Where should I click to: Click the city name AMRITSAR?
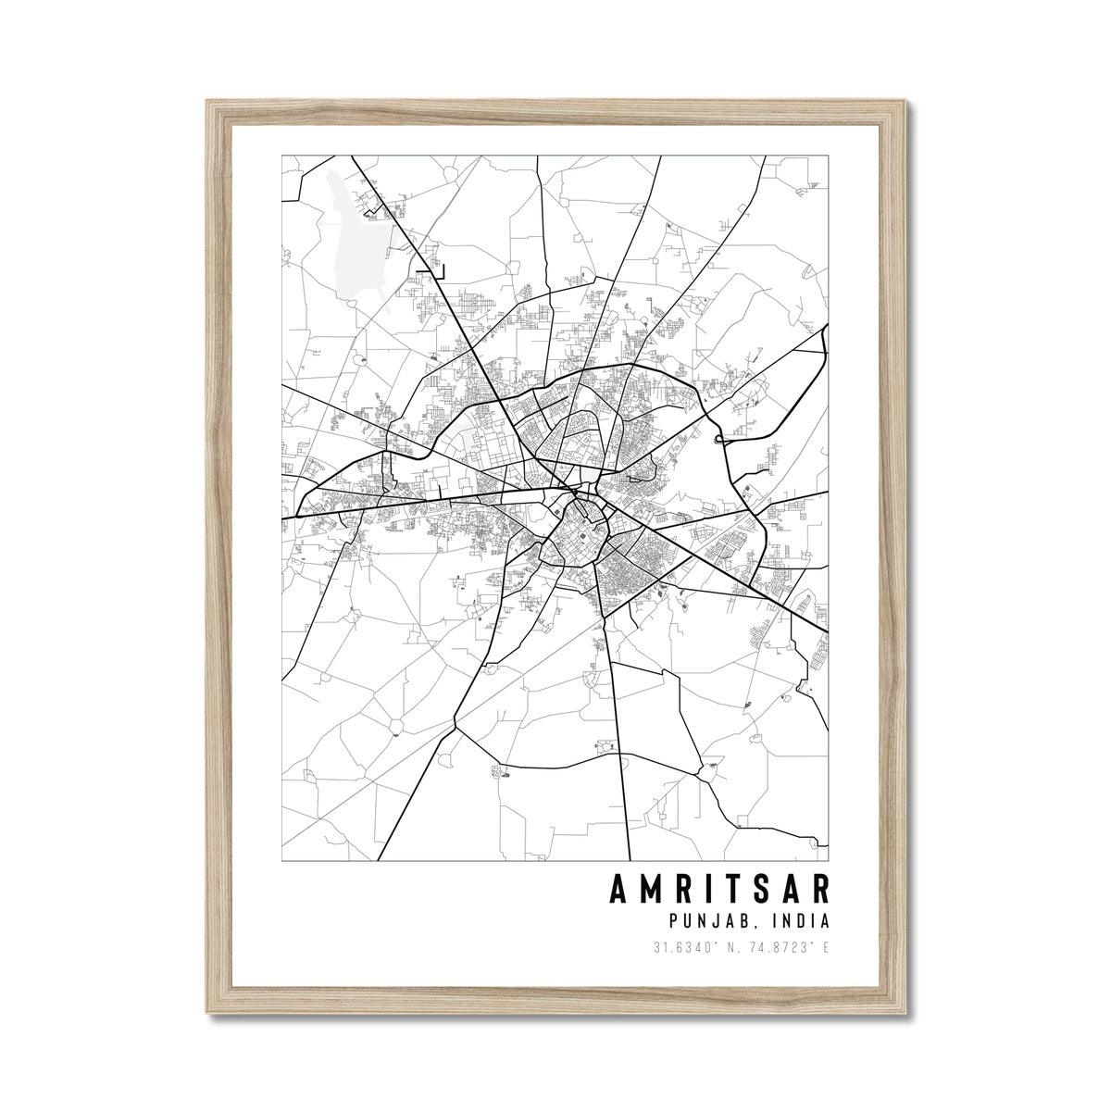click(x=718, y=887)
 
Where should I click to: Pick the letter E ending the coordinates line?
click(x=825, y=948)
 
